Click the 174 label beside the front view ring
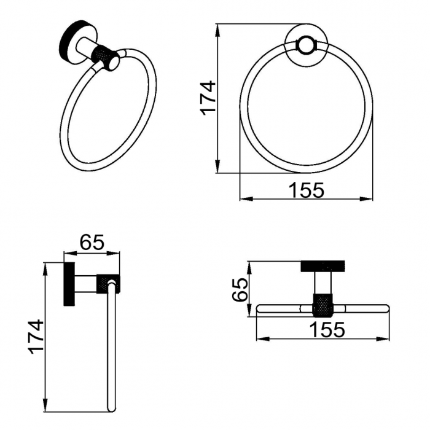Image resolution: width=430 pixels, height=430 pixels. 209,98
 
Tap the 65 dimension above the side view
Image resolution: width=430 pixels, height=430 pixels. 92,242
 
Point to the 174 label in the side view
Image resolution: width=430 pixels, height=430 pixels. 36,336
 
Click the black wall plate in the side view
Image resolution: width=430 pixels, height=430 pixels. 68,284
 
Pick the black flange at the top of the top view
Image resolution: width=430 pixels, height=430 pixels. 324,267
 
